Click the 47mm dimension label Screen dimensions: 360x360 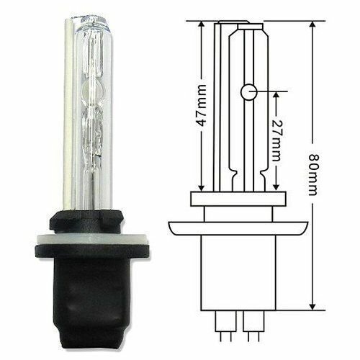point(202,105)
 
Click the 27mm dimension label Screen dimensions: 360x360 point(276,140)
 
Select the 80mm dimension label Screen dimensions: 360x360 point(312,175)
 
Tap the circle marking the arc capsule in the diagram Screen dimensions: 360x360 point(248,92)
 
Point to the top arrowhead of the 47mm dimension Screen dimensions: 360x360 point(201,24)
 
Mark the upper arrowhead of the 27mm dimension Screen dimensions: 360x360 point(276,95)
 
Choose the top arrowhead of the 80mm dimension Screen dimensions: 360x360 point(312,24)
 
